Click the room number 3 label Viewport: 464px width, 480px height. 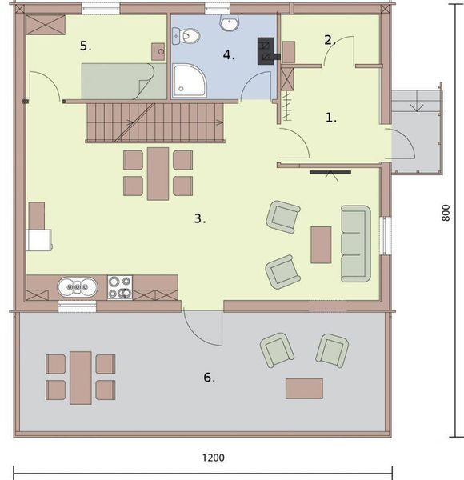pos(201,218)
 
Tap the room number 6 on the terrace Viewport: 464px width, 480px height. pos(209,378)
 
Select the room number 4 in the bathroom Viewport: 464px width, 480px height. pos(229,55)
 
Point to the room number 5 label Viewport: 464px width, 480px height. pos(86,46)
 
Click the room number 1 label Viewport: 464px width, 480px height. pos(331,117)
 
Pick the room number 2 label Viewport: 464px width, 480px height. pos(329,39)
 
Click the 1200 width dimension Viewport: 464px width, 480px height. pos(213,458)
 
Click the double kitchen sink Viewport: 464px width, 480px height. pos(78,286)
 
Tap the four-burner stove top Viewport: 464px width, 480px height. pos(120,286)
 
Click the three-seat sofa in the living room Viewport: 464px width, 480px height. pos(356,243)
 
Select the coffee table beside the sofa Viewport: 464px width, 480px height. pos(321,245)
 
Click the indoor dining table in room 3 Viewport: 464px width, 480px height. pos(158,173)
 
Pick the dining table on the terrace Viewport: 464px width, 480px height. pos(81,378)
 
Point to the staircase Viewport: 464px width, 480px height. pos(156,122)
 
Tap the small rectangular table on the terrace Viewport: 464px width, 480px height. pos(304,388)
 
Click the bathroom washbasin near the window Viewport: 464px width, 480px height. pos(230,22)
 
